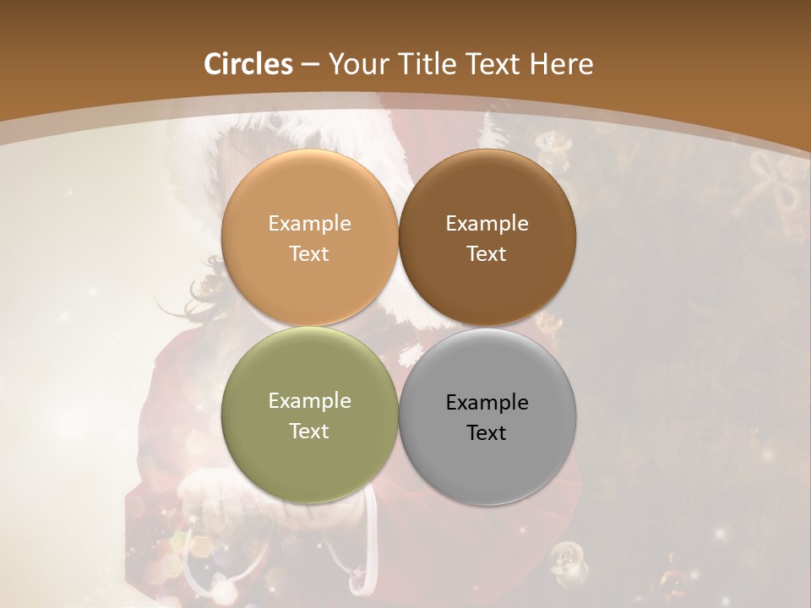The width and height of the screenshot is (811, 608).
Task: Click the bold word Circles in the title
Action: (248, 64)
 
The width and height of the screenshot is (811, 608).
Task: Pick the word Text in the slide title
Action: (497, 64)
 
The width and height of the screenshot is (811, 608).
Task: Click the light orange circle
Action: (309, 194)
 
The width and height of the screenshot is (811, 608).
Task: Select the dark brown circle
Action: (487, 194)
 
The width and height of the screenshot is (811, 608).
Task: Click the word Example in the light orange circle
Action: (309, 223)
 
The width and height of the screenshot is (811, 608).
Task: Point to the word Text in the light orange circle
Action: (309, 253)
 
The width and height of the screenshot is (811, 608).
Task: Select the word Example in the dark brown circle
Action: (487, 223)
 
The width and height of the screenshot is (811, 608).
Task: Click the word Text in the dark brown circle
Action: (487, 253)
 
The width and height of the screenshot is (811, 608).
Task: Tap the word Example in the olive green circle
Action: (309, 400)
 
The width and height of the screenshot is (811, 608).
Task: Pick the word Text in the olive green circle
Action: (309, 431)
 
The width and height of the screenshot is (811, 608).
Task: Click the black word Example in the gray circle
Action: (487, 402)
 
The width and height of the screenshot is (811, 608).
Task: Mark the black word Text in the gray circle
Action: (487, 432)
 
